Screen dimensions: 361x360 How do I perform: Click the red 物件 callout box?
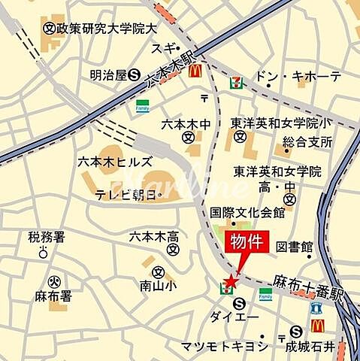pyautogui.click(x=247, y=242)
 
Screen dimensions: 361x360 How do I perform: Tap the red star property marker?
pyautogui.click(x=230, y=281)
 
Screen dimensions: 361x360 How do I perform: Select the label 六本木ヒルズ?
pyautogui.click(x=115, y=161)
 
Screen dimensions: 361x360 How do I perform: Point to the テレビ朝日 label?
pyautogui.click(x=129, y=195)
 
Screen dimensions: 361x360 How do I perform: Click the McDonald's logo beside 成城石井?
pyautogui.click(x=317, y=326)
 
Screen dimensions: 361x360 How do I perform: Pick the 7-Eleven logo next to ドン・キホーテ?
pyautogui.click(x=237, y=77)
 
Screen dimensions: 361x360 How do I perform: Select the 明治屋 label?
pyautogui.click(x=107, y=74)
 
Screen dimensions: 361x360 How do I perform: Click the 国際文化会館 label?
pyautogui.click(x=247, y=213)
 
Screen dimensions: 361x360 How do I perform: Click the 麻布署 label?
pyautogui.click(x=53, y=296)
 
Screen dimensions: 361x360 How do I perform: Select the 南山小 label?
pyautogui.click(x=157, y=285)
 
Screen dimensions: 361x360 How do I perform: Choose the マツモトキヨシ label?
pyautogui.click(x=223, y=345)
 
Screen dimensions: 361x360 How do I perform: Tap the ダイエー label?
pyautogui.click(x=234, y=317)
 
